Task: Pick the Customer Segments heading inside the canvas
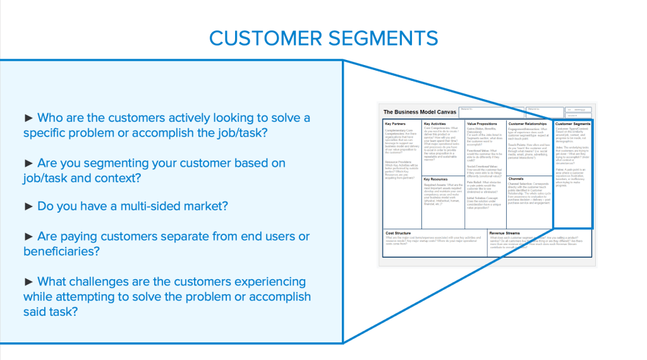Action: pyautogui.click(x=573, y=124)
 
